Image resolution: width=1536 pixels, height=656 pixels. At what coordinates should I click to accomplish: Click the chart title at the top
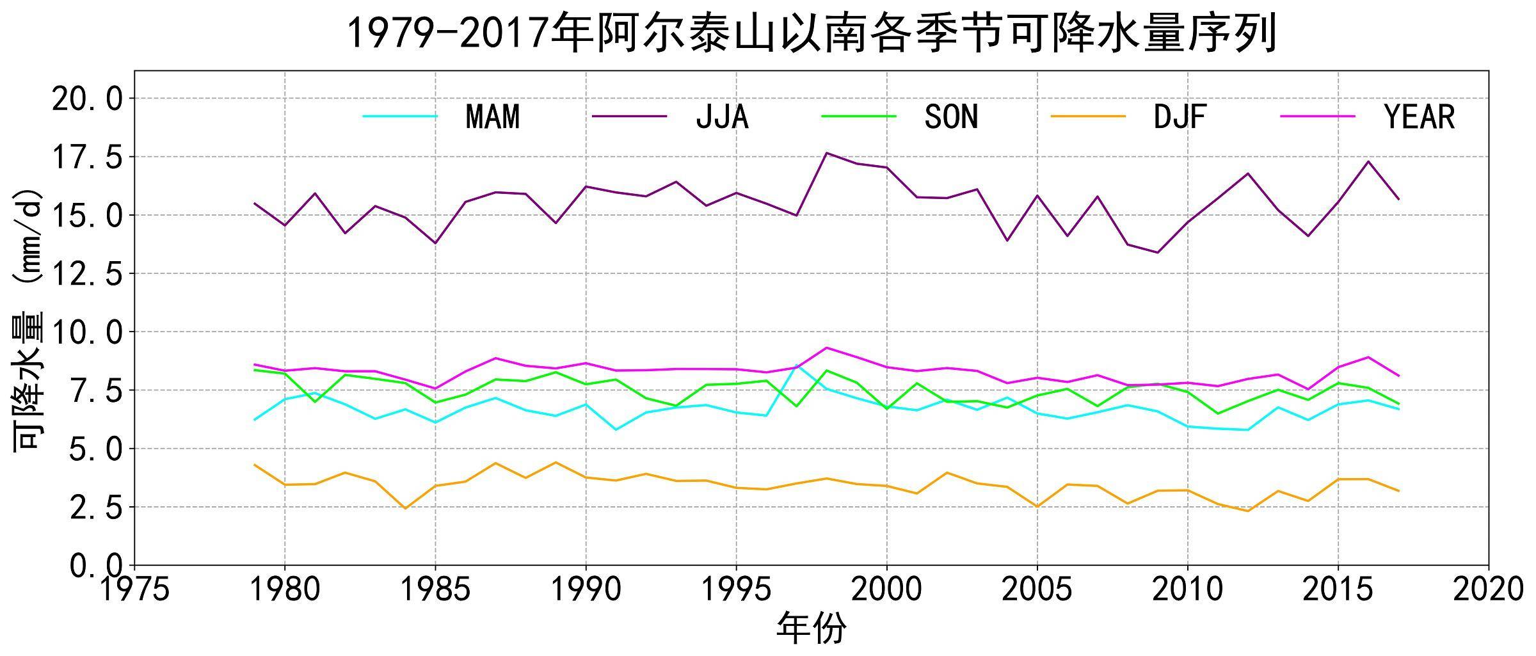tap(811, 33)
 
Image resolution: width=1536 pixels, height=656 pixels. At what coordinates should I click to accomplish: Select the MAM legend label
tap(493, 117)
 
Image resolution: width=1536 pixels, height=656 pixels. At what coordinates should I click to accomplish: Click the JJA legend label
tap(722, 117)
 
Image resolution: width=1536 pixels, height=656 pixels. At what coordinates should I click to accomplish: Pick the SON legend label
tap(951, 117)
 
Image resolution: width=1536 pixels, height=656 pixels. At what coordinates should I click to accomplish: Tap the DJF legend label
tap(1180, 117)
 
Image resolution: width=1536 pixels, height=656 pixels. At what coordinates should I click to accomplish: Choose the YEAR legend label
tap(1420, 117)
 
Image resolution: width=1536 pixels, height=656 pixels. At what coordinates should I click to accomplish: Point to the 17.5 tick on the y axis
tap(86, 157)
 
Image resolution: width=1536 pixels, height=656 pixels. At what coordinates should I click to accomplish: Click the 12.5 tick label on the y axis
tap(86, 275)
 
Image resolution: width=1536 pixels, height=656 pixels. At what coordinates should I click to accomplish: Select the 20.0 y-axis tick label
tap(86, 99)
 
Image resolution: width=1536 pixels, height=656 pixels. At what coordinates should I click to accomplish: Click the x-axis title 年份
tap(811, 628)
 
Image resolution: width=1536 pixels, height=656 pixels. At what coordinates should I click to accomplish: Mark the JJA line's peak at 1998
tap(826, 153)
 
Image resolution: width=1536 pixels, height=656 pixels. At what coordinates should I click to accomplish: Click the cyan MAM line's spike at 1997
tap(796, 365)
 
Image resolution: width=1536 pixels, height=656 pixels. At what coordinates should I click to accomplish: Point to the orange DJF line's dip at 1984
tap(405, 508)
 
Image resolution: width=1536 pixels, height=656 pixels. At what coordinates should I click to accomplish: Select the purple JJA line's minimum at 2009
tap(1157, 252)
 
